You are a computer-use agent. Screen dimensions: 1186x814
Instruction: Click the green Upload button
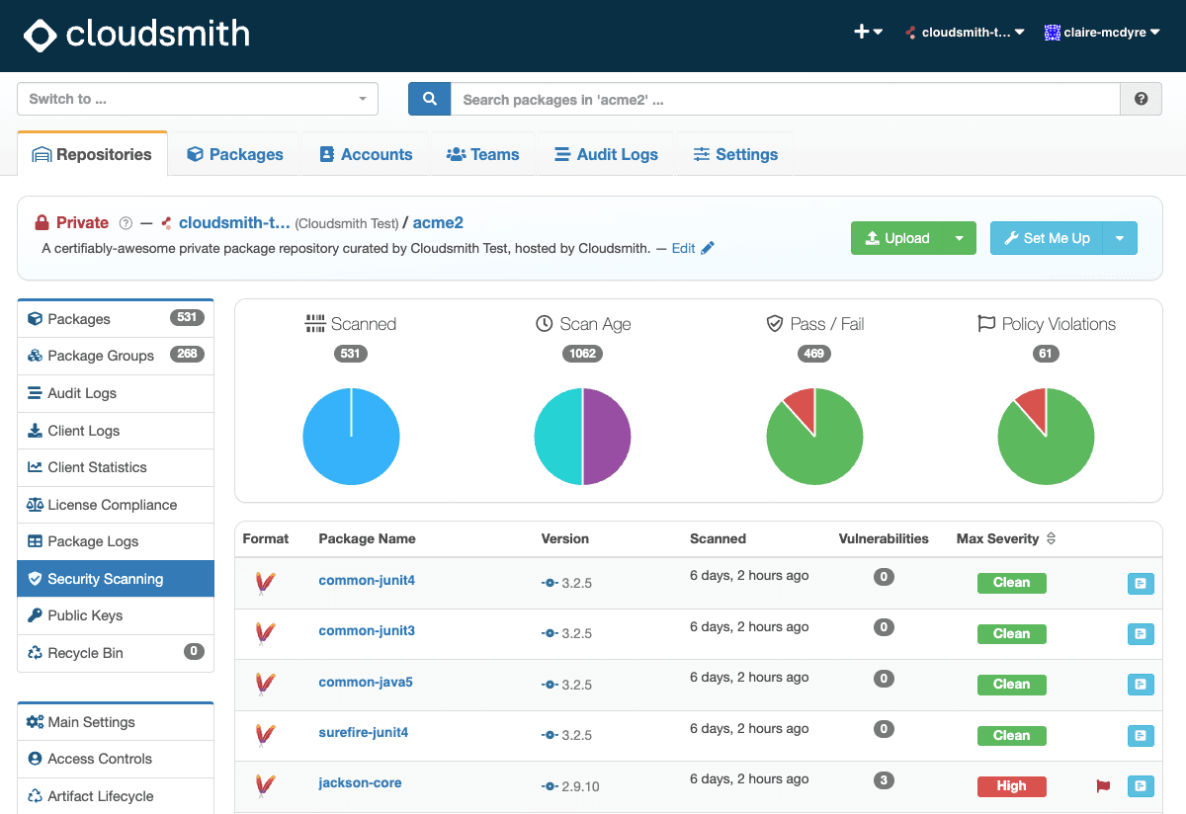pos(897,238)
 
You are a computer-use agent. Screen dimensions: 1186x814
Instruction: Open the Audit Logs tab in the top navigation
pos(606,154)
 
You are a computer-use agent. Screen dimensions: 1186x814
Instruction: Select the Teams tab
pos(482,154)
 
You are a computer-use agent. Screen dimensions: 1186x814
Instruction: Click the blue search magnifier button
pos(429,99)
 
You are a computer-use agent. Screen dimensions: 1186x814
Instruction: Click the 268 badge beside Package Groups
pos(187,354)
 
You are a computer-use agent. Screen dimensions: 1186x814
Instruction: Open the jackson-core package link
pos(360,782)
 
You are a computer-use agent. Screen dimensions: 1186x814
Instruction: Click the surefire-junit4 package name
pos(364,732)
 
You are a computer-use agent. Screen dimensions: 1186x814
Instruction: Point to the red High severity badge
pos(1011,786)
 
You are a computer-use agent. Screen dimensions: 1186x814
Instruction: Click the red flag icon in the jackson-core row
pos(1103,786)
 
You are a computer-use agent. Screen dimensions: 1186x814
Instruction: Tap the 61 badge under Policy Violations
pos(1046,354)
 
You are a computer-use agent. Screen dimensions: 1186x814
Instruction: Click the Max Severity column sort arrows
pos(1051,538)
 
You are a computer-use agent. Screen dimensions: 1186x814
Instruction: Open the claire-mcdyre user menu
pos(1102,33)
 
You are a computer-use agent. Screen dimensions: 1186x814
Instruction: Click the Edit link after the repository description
pos(683,248)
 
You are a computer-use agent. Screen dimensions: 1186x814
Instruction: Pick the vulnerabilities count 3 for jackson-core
pos(884,780)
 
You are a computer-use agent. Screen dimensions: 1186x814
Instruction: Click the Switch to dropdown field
pos(198,99)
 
